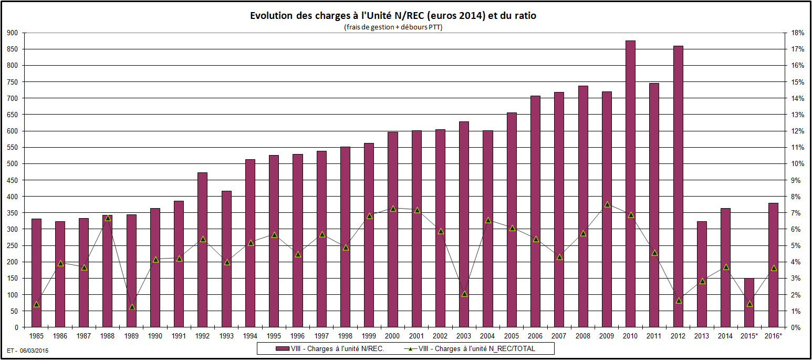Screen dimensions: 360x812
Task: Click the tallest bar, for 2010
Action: point(631,184)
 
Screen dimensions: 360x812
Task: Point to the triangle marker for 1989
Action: point(132,307)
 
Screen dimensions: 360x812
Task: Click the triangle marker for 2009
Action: point(607,204)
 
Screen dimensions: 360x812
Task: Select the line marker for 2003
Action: point(464,294)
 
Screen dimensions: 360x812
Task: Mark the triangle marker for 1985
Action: point(36,304)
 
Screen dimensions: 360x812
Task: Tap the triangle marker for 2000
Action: point(393,209)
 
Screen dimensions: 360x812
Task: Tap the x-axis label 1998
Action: point(345,336)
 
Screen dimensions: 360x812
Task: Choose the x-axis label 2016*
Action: point(774,336)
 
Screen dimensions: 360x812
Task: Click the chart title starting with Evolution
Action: point(393,16)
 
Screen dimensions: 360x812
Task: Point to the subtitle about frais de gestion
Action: point(393,27)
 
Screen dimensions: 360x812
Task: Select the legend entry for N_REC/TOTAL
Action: point(478,348)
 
